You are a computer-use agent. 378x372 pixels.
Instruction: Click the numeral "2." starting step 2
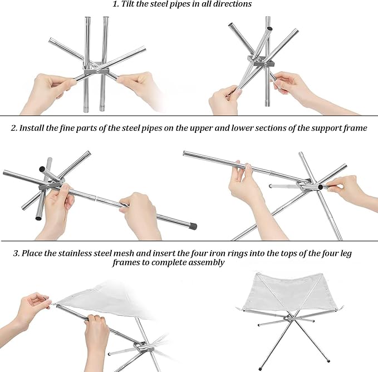(14, 128)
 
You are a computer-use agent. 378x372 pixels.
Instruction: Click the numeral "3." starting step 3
(16, 254)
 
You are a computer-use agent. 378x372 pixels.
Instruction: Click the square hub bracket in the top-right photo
(261, 61)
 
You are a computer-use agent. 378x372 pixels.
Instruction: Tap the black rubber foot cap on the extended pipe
(193, 226)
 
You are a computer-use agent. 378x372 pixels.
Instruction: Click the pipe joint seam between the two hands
(96, 198)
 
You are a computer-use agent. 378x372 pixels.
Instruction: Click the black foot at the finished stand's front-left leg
(261, 368)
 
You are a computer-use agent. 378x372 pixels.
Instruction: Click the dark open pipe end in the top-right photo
(270, 29)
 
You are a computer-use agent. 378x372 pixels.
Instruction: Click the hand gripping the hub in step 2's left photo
(58, 205)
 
